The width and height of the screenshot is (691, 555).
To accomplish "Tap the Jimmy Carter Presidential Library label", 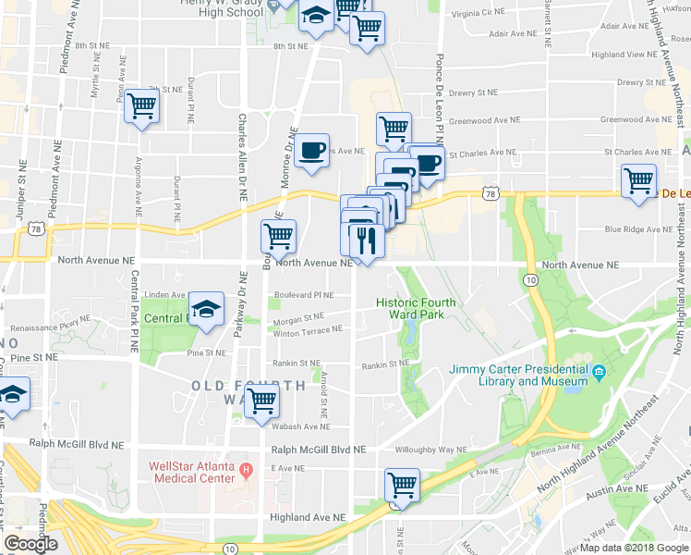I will point(518,375).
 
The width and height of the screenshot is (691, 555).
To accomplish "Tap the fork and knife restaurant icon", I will point(367,240).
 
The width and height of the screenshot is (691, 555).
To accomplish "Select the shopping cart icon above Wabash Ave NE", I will point(263,401).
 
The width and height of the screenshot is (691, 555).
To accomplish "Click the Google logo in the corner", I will point(30,544).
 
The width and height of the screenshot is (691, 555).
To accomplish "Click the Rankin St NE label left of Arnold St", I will point(296,364).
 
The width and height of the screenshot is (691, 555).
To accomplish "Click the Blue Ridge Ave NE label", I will point(636,229).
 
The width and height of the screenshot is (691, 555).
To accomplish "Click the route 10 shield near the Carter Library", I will point(528,278).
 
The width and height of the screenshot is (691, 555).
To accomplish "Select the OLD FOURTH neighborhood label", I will point(249,385).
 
